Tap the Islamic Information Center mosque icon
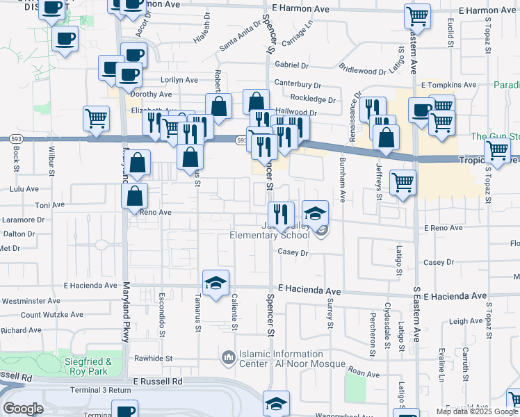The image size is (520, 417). pos(227,358)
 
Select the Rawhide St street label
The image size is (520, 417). pos(153,359)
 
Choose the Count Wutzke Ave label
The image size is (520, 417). pos(51,315)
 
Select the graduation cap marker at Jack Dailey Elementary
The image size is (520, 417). pos(315,211)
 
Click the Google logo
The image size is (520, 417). pos(23,409)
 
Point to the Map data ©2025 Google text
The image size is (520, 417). pos(477,411)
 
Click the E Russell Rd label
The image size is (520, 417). pos(158,382)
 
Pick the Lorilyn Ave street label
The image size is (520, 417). pos(179,80)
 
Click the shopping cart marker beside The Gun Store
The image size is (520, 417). pos(497,149)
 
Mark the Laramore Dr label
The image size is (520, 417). pos(22,220)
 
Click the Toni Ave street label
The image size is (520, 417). pos(49,206)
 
